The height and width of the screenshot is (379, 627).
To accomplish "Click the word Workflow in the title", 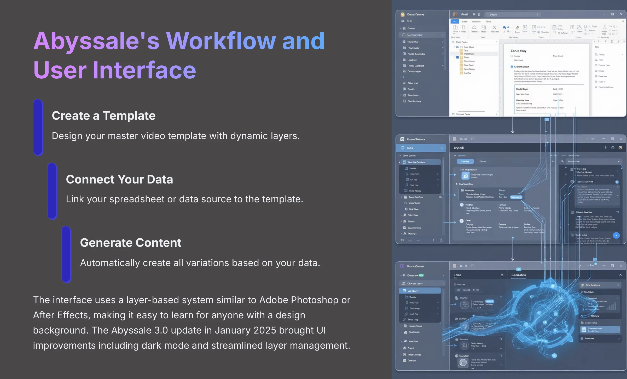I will coord(221,41).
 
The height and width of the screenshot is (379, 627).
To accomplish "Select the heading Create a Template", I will coord(103,116).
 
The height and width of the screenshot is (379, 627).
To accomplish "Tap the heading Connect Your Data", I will coord(119,179).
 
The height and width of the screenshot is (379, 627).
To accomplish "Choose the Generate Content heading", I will coord(131,243).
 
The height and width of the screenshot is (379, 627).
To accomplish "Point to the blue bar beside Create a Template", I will coord(38,127).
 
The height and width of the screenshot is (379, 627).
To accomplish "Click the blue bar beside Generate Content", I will coord(66,254).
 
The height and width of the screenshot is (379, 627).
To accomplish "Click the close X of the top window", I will coord(621,14).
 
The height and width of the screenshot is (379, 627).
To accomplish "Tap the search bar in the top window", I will coord(512,15).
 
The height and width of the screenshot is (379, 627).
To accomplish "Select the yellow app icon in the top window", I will coord(403,14).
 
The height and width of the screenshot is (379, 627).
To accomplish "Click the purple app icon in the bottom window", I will coord(402,266).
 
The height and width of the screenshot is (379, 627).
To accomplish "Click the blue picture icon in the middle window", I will coord(465,176).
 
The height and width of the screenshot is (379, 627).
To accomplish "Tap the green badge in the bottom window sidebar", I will coord(421,275).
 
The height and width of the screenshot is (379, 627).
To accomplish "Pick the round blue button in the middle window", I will coord(616,236).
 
